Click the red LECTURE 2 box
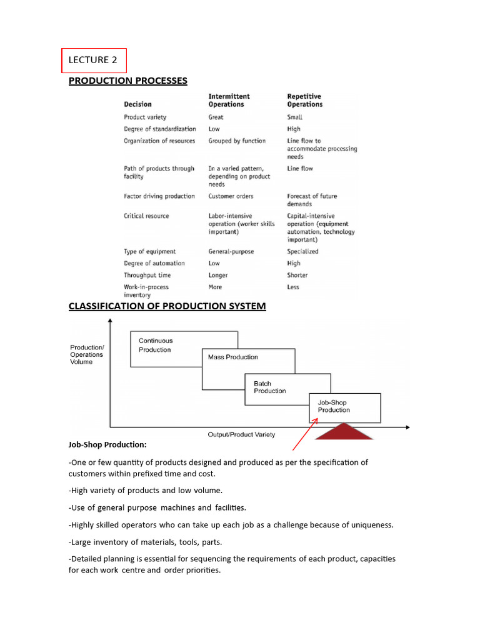tap(94, 61)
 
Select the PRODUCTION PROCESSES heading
tap(127, 81)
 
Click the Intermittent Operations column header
tap(229, 100)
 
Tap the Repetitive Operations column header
tap(304, 100)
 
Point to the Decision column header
tap(137, 104)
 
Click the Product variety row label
tap(145, 117)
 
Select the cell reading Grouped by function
tap(237, 141)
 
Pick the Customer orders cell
tap(231, 196)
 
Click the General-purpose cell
tap(231, 251)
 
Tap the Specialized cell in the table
tap(302, 251)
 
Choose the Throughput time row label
tap(147, 275)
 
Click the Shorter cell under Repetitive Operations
tap(297, 275)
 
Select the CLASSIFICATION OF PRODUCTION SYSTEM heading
tap(167, 306)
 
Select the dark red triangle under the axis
tap(344, 432)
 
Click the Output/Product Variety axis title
tap(241, 434)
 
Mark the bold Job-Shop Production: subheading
tap(107, 445)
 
